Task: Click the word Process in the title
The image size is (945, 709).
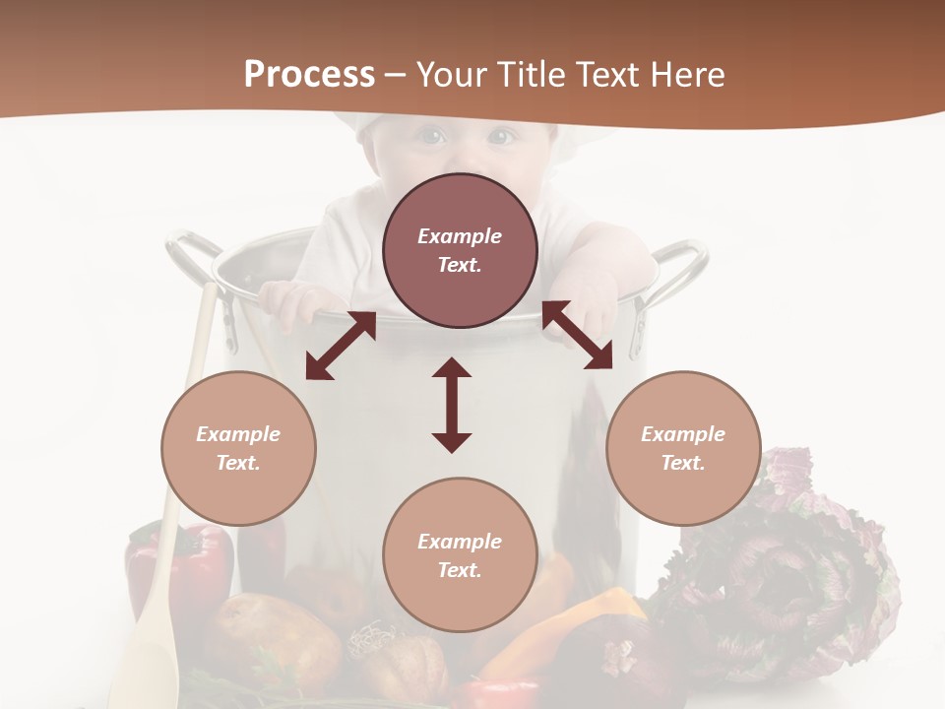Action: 309,75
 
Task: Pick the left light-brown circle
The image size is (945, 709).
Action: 238,448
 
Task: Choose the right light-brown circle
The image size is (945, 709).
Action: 683,448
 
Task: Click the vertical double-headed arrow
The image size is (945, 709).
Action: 452,405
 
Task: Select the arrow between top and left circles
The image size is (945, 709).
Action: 341,346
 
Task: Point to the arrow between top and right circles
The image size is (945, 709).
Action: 578,335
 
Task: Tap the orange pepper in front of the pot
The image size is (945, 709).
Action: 581,620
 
